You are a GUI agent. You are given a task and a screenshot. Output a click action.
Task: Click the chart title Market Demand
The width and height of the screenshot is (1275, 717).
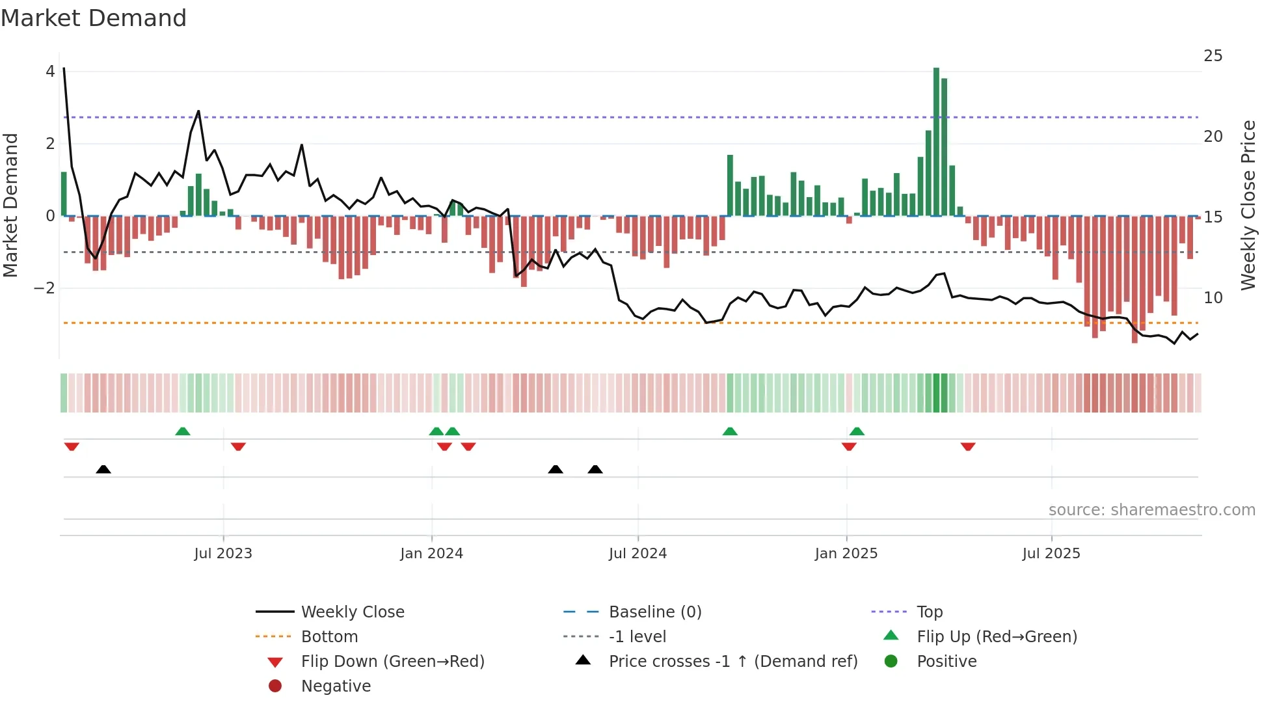[94, 18]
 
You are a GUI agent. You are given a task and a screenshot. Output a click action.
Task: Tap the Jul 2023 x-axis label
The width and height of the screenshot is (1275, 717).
[223, 554]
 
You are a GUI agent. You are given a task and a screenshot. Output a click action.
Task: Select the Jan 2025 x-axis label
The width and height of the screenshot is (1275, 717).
[846, 554]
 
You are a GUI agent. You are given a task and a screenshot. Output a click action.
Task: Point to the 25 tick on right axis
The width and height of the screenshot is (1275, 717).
[1213, 56]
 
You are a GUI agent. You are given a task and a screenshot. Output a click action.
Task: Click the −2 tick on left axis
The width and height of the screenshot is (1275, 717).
[44, 288]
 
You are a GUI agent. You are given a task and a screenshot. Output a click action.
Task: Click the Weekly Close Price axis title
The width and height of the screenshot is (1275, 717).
[1248, 205]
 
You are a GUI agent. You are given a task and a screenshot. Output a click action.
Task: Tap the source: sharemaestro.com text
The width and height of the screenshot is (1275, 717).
[1151, 510]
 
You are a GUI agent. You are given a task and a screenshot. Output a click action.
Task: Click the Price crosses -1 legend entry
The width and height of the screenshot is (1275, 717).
[732, 662]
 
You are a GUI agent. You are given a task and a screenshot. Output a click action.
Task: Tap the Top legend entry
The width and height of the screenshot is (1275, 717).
[929, 612]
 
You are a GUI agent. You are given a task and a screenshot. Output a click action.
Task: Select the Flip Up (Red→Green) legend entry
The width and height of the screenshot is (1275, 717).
[997, 637]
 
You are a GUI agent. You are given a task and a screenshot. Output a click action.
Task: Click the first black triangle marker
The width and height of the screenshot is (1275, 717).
[103, 469]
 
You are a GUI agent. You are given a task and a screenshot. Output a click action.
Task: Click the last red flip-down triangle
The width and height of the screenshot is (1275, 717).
[968, 446]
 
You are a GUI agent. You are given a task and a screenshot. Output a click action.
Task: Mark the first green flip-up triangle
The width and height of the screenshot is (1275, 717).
[183, 431]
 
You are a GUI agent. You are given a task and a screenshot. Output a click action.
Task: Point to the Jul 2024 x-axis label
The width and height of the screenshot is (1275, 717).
[637, 554]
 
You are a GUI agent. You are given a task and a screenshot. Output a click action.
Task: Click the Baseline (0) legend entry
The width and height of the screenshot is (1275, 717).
[654, 612]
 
